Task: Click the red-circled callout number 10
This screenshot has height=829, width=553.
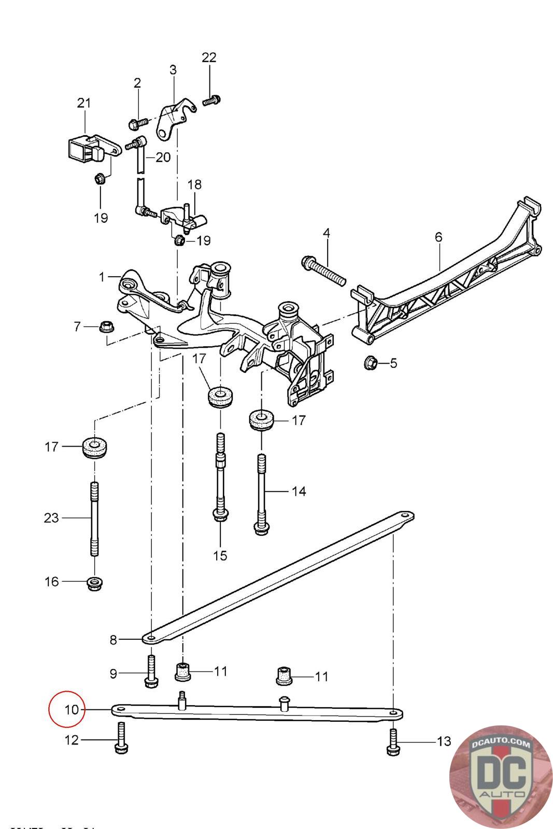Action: [72, 709]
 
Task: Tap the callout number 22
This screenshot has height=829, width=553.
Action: [209, 58]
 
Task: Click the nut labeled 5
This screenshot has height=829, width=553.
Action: [371, 362]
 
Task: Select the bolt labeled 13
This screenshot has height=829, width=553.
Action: [393, 742]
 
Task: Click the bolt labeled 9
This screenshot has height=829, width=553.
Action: [151, 671]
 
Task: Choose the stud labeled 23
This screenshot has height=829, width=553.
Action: [94, 518]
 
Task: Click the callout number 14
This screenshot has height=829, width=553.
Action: [299, 491]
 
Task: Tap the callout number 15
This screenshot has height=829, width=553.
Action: [220, 556]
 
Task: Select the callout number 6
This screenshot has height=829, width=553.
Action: [438, 237]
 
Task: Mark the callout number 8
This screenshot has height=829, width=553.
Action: [114, 640]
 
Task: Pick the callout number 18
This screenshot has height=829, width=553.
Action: [194, 184]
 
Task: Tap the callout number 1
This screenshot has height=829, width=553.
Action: [102, 277]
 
